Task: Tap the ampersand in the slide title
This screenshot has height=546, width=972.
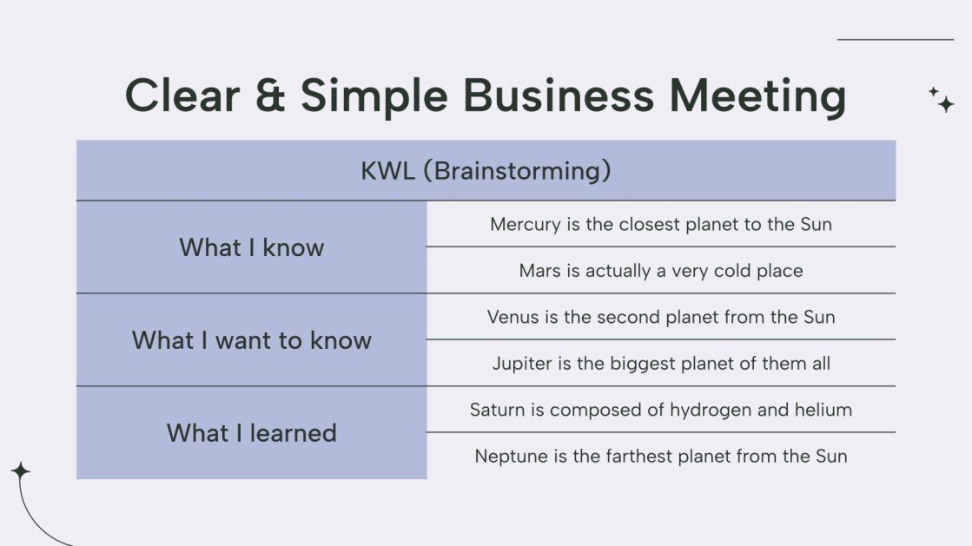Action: coord(257,95)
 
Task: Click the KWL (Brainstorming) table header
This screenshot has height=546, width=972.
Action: coord(486,171)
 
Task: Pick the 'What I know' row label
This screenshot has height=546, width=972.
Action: coord(252,247)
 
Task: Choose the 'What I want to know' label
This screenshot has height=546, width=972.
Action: coord(252,340)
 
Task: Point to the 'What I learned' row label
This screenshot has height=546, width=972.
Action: coord(252,433)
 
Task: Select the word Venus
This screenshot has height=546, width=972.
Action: coord(512,317)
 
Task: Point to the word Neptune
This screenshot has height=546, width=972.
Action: coord(509,457)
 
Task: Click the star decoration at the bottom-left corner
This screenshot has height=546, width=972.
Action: coord(20,471)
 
